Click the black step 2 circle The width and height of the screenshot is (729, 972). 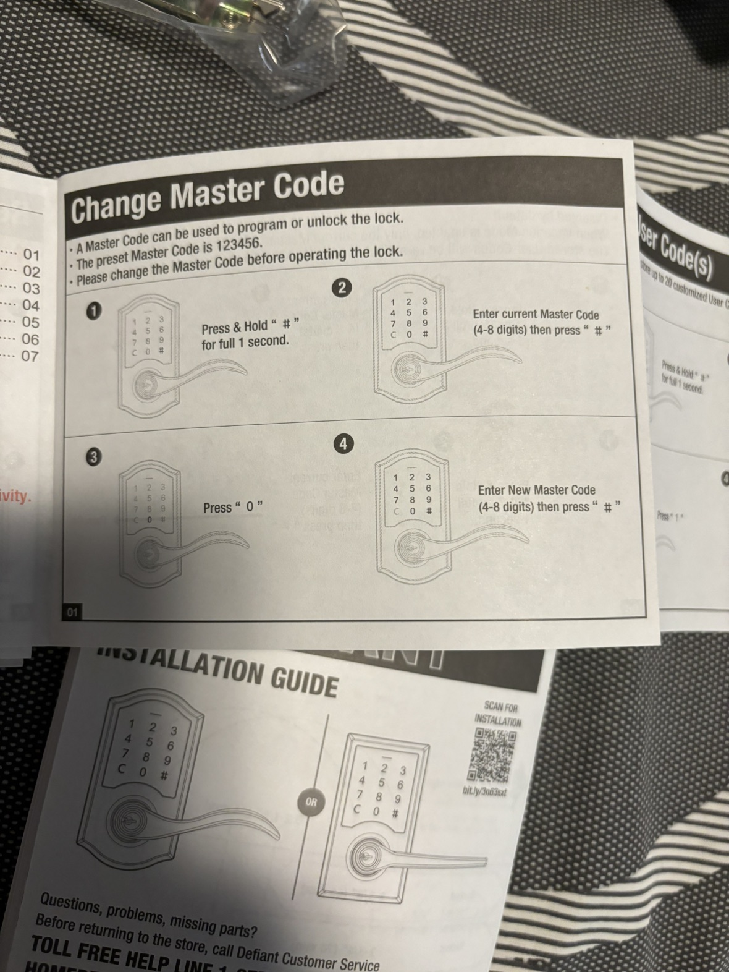341,287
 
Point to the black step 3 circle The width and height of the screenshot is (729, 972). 93,457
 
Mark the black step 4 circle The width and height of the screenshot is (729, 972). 343,443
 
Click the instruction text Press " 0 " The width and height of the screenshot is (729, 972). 233,508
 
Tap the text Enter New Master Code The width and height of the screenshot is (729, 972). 536,490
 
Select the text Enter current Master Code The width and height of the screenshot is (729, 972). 536,314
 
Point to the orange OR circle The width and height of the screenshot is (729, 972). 311,802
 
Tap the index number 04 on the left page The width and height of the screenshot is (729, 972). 30,305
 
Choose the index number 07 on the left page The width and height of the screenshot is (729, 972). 30,356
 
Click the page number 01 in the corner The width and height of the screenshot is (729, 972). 72,613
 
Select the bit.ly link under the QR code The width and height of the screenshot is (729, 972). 485,791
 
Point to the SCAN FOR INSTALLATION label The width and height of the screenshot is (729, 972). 498,714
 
